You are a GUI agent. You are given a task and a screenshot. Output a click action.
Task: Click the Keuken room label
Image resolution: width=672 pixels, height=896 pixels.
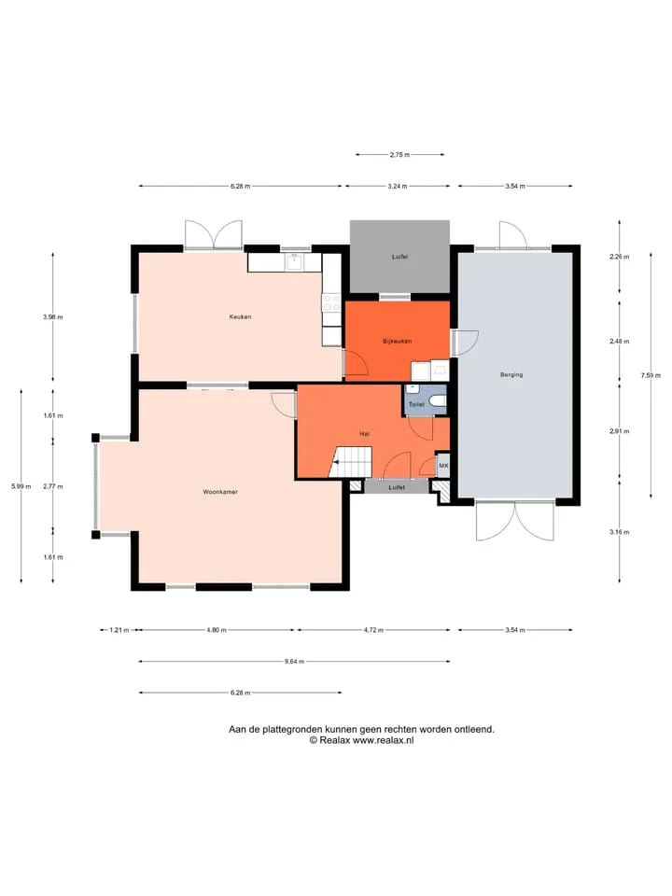click(x=240, y=316)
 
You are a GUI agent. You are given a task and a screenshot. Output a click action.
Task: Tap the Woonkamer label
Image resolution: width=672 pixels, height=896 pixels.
click(x=220, y=492)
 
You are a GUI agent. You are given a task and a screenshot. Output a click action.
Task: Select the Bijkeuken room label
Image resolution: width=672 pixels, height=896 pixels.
click(x=398, y=342)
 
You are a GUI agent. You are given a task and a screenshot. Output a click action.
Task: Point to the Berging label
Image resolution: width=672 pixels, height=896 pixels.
click(x=511, y=375)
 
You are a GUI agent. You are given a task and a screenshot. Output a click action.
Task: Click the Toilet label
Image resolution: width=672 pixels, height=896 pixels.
click(x=416, y=404)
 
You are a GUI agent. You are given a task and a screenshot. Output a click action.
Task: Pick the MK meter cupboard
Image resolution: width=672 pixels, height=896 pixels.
click(x=443, y=466)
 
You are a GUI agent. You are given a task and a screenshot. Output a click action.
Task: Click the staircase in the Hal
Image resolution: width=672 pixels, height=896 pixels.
click(x=351, y=462)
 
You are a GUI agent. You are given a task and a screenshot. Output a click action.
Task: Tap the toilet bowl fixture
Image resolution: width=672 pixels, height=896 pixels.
click(x=438, y=400)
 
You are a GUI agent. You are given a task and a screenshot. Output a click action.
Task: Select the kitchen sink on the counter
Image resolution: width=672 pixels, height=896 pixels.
click(x=296, y=261)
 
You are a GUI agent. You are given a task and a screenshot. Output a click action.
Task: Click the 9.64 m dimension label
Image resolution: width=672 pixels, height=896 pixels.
click(x=294, y=661)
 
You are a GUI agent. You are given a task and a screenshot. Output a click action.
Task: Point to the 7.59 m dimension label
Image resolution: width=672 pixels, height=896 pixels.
click(x=651, y=375)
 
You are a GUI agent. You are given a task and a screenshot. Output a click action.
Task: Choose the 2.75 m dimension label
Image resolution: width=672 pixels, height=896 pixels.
click(x=400, y=154)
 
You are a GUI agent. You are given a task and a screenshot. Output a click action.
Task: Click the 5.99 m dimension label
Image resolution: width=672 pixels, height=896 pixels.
click(x=21, y=486)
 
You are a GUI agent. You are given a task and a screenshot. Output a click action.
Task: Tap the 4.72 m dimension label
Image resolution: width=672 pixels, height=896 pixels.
click(x=373, y=630)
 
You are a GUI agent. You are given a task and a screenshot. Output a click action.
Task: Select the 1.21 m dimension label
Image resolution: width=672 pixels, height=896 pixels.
click(x=119, y=630)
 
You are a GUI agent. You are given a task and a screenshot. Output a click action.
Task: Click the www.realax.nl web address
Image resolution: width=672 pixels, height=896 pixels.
click(x=383, y=740)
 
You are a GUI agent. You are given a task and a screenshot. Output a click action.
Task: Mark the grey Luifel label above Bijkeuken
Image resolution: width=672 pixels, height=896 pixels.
click(x=400, y=257)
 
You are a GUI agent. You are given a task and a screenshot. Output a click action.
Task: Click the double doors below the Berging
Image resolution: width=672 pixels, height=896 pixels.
click(x=515, y=521)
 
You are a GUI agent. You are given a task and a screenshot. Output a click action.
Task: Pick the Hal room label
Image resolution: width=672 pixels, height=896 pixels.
click(x=365, y=434)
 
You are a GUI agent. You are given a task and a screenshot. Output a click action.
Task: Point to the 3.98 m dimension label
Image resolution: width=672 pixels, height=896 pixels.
click(x=53, y=316)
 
